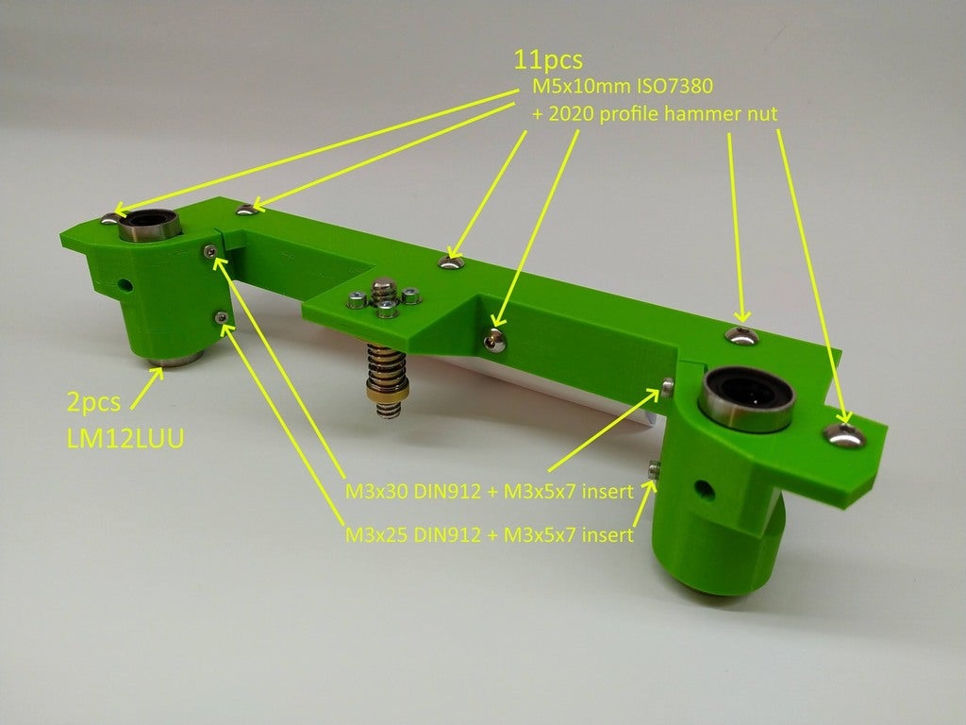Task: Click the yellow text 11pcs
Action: coord(548,59)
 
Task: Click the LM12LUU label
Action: coord(125,438)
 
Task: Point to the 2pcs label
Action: coord(93,402)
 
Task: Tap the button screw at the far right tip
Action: coord(844,434)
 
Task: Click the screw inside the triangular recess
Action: coord(494,340)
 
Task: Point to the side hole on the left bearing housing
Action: coord(125,285)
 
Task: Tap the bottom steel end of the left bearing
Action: coord(175,358)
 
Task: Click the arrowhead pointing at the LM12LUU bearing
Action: coord(158,374)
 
